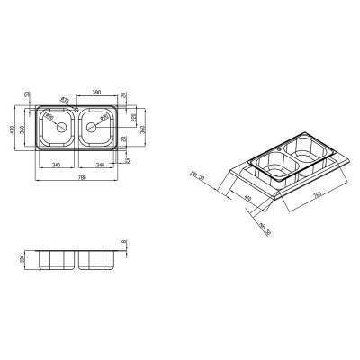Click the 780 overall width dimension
[x=81, y=175]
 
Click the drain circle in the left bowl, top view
[x=59, y=129]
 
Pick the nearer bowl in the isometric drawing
[x=271, y=166]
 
